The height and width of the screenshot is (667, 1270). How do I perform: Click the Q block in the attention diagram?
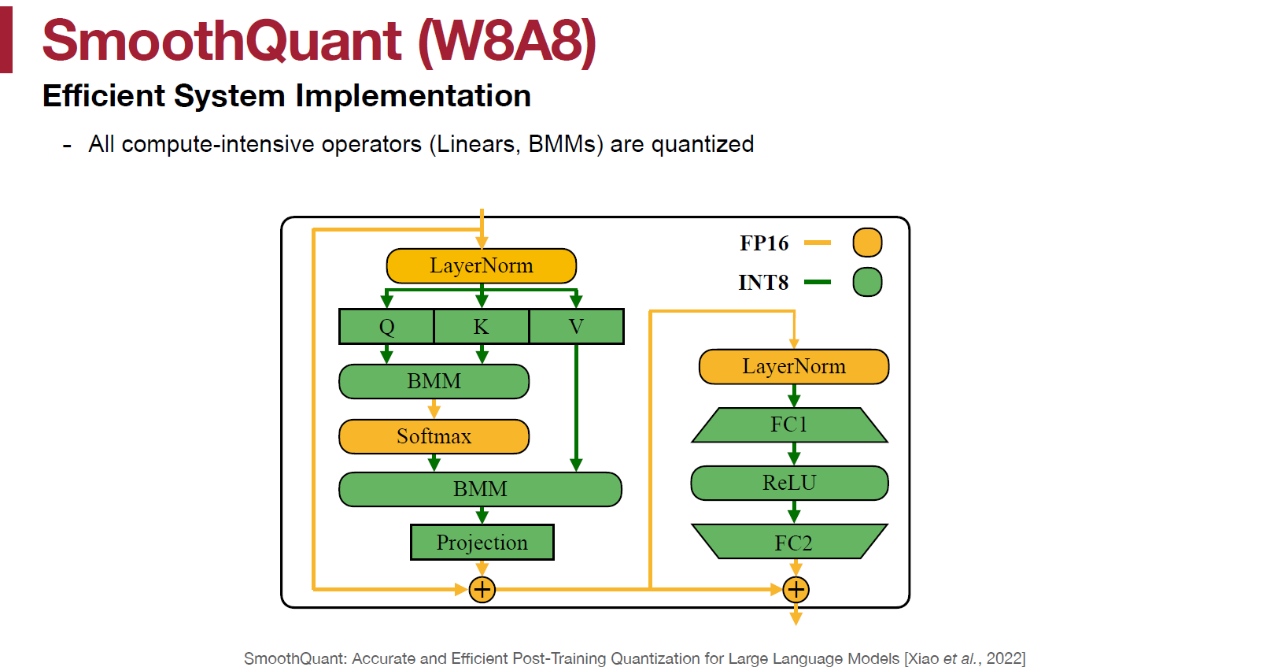[x=386, y=326]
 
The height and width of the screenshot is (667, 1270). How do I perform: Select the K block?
[x=482, y=326]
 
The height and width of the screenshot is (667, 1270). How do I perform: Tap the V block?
[x=577, y=326]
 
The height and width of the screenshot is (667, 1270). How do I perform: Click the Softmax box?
[x=434, y=436]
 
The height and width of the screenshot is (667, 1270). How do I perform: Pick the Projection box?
[x=482, y=543]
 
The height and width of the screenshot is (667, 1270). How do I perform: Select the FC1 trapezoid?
[x=789, y=424]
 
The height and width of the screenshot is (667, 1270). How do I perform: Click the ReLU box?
[x=789, y=483]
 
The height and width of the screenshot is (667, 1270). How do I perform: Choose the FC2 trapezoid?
[x=789, y=543]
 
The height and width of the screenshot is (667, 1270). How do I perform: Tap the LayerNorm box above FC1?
[x=794, y=366]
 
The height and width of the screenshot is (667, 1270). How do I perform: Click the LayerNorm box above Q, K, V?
[x=482, y=265]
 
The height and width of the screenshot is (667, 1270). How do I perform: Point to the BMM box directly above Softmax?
[x=434, y=381]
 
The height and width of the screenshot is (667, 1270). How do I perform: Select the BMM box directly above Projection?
[x=480, y=489]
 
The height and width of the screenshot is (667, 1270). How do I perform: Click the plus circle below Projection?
[x=482, y=589]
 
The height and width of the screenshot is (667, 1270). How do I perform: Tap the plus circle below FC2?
[x=796, y=589]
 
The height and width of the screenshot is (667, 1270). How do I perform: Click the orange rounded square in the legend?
[x=867, y=243]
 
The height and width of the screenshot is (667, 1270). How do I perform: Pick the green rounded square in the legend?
[x=867, y=282]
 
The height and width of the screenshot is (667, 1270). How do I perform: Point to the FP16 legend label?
[x=763, y=243]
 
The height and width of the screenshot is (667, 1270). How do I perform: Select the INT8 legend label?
[x=763, y=283]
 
